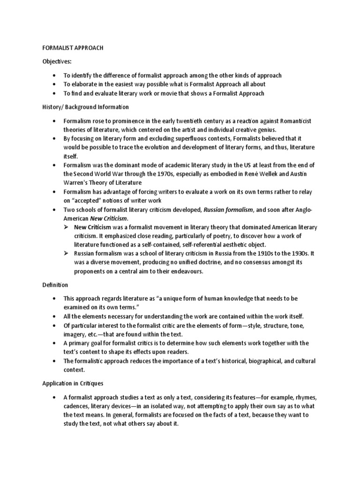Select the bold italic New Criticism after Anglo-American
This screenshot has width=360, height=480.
(x=109, y=219)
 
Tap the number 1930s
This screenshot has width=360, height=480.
(x=297, y=254)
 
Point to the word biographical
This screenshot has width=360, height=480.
(x=262, y=360)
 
